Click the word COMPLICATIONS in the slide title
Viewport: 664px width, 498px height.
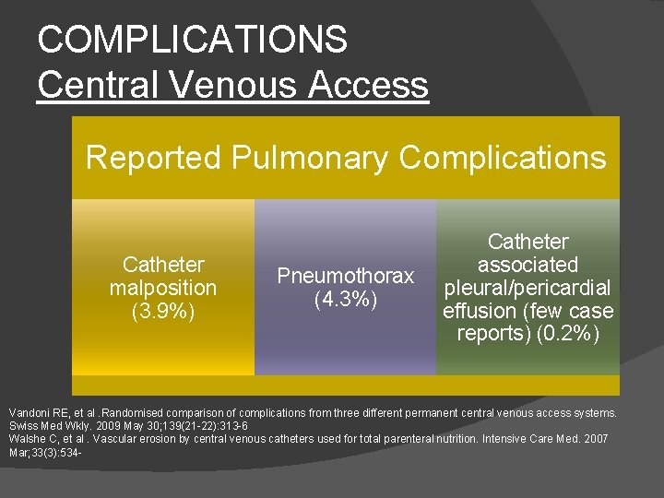[192, 40]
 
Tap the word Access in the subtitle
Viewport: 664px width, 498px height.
[369, 85]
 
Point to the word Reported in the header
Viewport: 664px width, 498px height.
[153, 158]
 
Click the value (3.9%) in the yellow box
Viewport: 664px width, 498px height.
[163, 311]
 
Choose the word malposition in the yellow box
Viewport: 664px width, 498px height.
[163, 288]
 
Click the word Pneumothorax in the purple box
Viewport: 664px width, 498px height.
[346, 276]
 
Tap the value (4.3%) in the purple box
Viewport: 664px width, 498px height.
[346, 299]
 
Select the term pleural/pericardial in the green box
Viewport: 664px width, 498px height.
[528, 287]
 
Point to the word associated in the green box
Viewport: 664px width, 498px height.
[528, 265]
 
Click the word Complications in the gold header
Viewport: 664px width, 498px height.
[503, 158]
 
